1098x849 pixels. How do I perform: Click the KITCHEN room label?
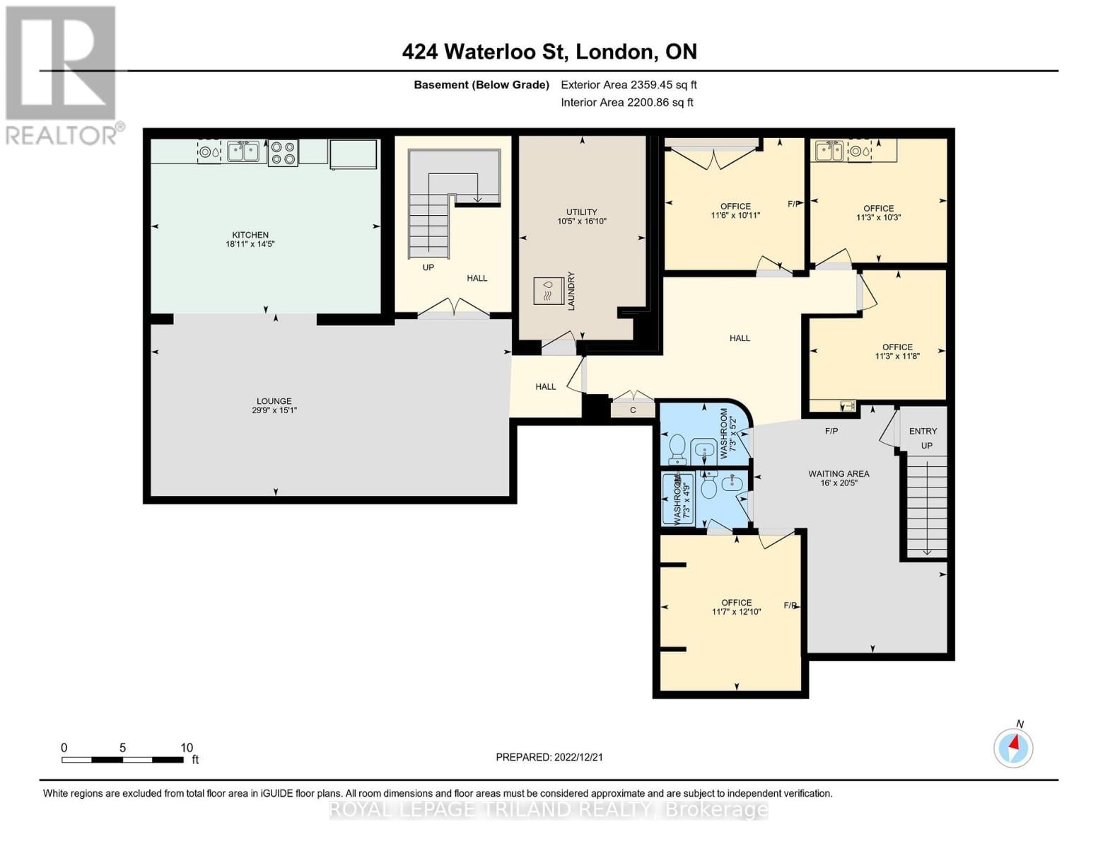250,235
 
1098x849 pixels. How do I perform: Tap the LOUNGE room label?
274,401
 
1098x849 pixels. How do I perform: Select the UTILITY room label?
581,212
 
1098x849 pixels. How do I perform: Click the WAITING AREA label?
839,473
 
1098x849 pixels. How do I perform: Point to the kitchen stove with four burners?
283,153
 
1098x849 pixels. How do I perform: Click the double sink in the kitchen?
243,151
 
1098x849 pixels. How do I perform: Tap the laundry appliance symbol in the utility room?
547,290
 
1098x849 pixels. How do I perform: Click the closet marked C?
633,410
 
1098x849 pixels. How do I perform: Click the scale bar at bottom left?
122,759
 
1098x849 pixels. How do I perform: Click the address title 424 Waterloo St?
549,52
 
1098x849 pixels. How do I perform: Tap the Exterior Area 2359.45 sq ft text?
629,85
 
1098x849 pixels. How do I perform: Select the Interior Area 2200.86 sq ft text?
626,103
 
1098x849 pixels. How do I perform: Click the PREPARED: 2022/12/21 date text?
549,757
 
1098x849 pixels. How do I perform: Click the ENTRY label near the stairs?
923,431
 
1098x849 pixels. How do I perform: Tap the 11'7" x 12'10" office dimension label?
736,612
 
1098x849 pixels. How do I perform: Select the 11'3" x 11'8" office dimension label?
897,357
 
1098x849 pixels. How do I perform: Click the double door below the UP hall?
453,308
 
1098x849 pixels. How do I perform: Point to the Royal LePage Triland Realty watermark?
549,809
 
